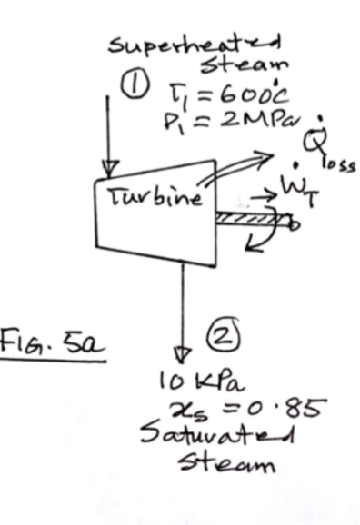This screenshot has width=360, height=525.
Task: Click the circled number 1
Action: (x=135, y=85)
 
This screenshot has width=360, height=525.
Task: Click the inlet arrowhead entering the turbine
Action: (x=110, y=166)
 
